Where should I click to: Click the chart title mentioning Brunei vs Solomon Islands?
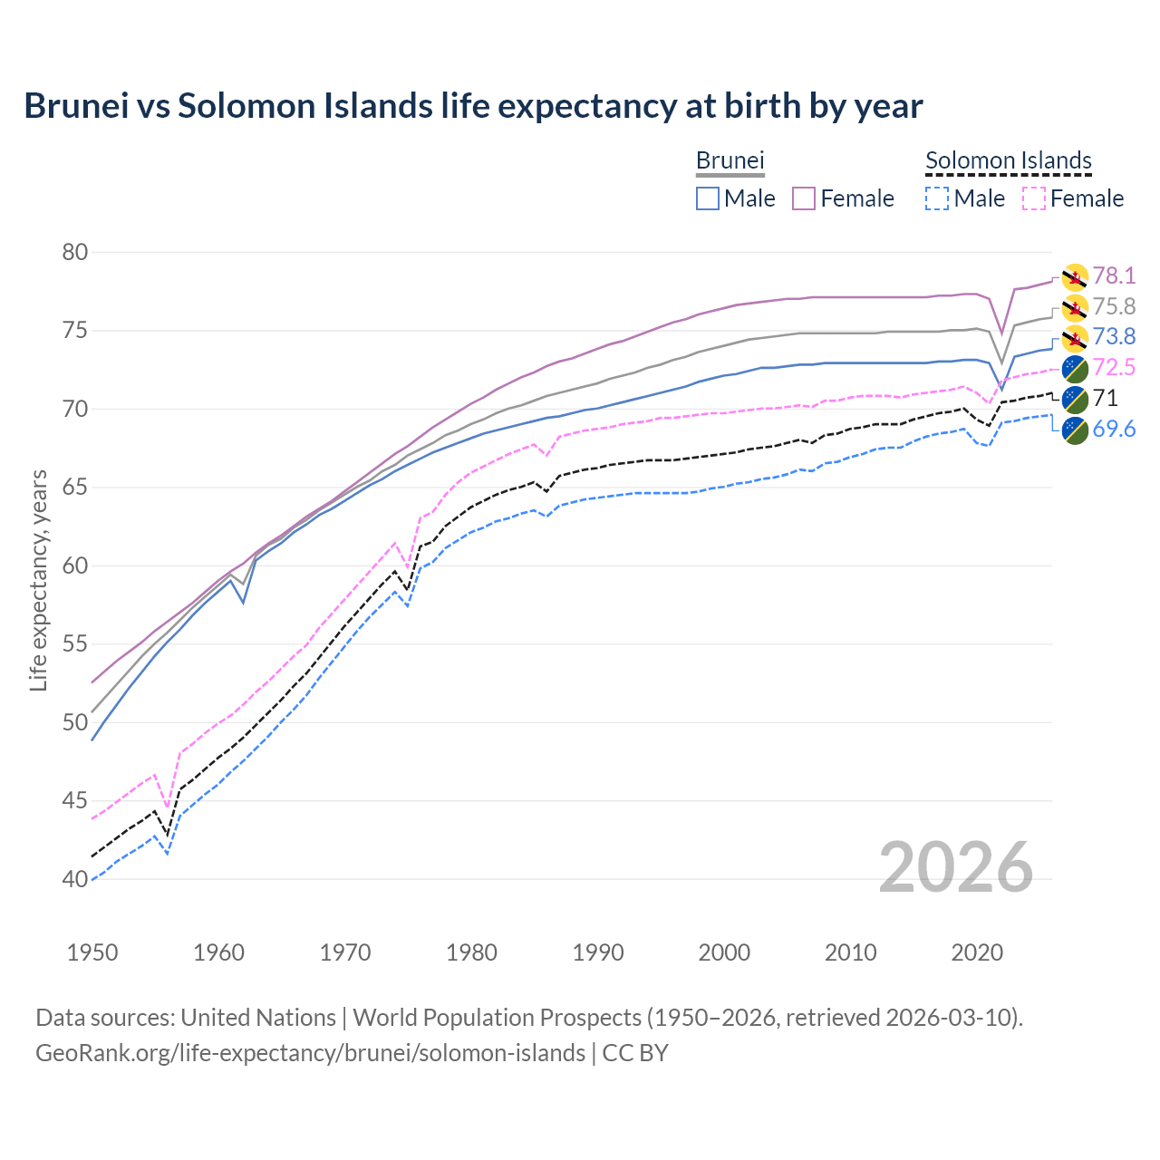pyautogui.click(x=473, y=106)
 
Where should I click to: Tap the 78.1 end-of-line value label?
pyautogui.click(x=1114, y=275)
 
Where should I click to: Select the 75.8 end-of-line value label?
pyautogui.click(x=1114, y=306)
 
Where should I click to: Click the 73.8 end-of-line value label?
pyautogui.click(x=1114, y=337)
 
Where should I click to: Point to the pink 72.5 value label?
pyautogui.click(x=1114, y=368)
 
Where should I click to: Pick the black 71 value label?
pyautogui.click(x=1106, y=399)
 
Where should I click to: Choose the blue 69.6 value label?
pyautogui.click(x=1114, y=429)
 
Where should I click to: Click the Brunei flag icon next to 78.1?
pyautogui.click(x=1075, y=277)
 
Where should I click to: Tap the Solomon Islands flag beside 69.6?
pyautogui.click(x=1075, y=430)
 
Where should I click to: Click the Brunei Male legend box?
pyautogui.click(x=708, y=198)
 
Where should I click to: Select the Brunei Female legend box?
pyautogui.click(x=805, y=198)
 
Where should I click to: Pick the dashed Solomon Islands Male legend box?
pyautogui.click(x=937, y=198)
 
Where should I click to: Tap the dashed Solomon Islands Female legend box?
pyautogui.click(x=1034, y=198)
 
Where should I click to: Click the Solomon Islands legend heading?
pyautogui.click(x=1009, y=160)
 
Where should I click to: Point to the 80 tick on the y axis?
pyautogui.click(x=74, y=252)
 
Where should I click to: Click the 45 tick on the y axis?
pyautogui.click(x=74, y=801)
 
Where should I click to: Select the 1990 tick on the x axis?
pyautogui.click(x=598, y=952)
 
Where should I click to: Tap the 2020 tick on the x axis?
pyautogui.click(x=976, y=952)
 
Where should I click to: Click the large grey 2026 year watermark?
pyautogui.click(x=956, y=867)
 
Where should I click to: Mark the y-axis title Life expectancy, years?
pyautogui.click(x=38, y=580)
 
